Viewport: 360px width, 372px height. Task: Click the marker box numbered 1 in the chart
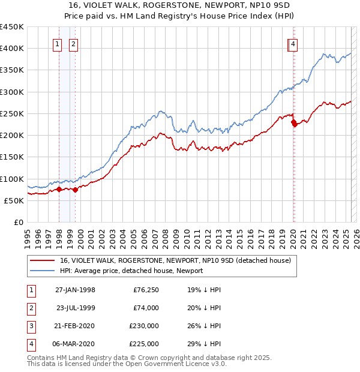tap(58, 44)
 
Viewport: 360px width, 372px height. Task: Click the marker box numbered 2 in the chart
tap(73, 44)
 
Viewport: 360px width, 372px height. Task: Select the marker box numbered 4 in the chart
tap(293, 44)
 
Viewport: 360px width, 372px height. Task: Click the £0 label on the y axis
tap(19, 222)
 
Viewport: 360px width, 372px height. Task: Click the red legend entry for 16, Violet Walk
tap(175, 260)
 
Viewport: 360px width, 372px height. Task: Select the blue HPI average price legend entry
tap(131, 271)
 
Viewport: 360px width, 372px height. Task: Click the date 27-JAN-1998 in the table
tap(75, 290)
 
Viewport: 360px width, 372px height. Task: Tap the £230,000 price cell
tap(144, 326)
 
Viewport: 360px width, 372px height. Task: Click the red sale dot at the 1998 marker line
tap(59, 189)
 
